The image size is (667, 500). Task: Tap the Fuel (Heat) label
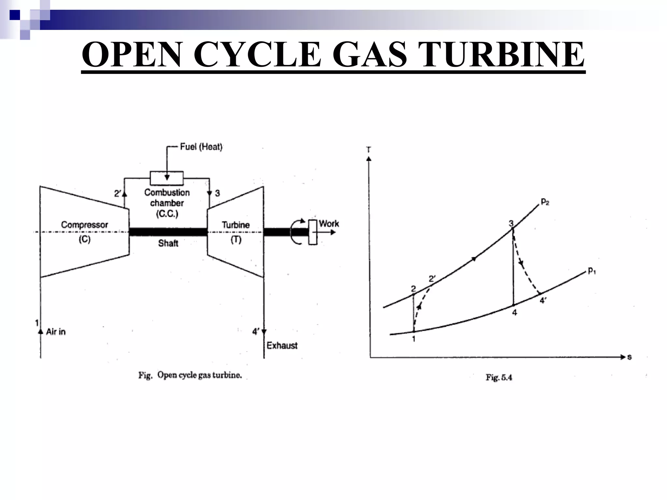pos(201,147)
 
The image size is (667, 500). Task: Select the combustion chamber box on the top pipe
pos(166,178)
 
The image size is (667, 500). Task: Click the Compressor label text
pos(84,225)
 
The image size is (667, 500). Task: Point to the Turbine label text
pos(235,225)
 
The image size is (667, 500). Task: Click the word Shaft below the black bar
pos(168,243)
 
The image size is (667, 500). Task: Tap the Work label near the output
pos(329,224)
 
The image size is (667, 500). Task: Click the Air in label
pos(56,332)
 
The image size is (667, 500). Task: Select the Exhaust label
pos(282,345)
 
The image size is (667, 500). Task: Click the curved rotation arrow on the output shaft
pos(297,232)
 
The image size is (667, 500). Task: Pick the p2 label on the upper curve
pos(545,202)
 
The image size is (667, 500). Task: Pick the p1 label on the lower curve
pos(591,271)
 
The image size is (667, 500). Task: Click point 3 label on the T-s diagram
pos(511,223)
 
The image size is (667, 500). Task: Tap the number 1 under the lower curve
pos(414,339)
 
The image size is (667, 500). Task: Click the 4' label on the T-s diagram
pos(543,300)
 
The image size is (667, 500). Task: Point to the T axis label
pos(369,150)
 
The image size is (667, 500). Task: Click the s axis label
pos(629,357)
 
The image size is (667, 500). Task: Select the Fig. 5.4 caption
pos(499,377)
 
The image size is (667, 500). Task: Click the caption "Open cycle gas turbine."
pos(199,375)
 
